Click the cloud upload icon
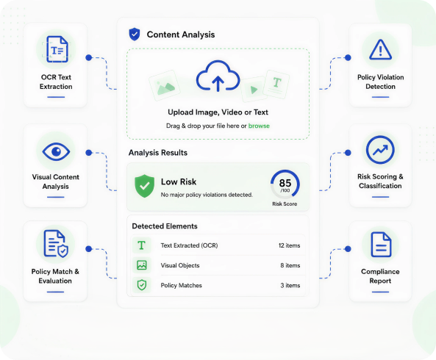(x=218, y=76)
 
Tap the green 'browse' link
(x=259, y=126)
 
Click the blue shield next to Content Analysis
(x=135, y=35)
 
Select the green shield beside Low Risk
(x=144, y=186)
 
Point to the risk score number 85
(x=285, y=183)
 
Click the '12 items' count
(x=289, y=245)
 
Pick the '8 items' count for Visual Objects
(x=290, y=265)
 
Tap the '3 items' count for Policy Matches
(x=290, y=286)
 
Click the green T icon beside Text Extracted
(x=141, y=245)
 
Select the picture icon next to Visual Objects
(x=142, y=265)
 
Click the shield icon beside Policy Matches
(x=142, y=285)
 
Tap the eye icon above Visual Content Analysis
(x=56, y=151)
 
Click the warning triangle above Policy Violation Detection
(x=380, y=50)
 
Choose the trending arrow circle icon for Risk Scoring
(x=380, y=150)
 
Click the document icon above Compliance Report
(x=381, y=245)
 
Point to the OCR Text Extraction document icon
(x=57, y=49)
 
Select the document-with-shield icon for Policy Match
(x=56, y=244)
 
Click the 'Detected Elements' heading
(x=165, y=226)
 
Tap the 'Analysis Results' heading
(x=158, y=153)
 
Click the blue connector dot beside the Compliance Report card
(x=348, y=249)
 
